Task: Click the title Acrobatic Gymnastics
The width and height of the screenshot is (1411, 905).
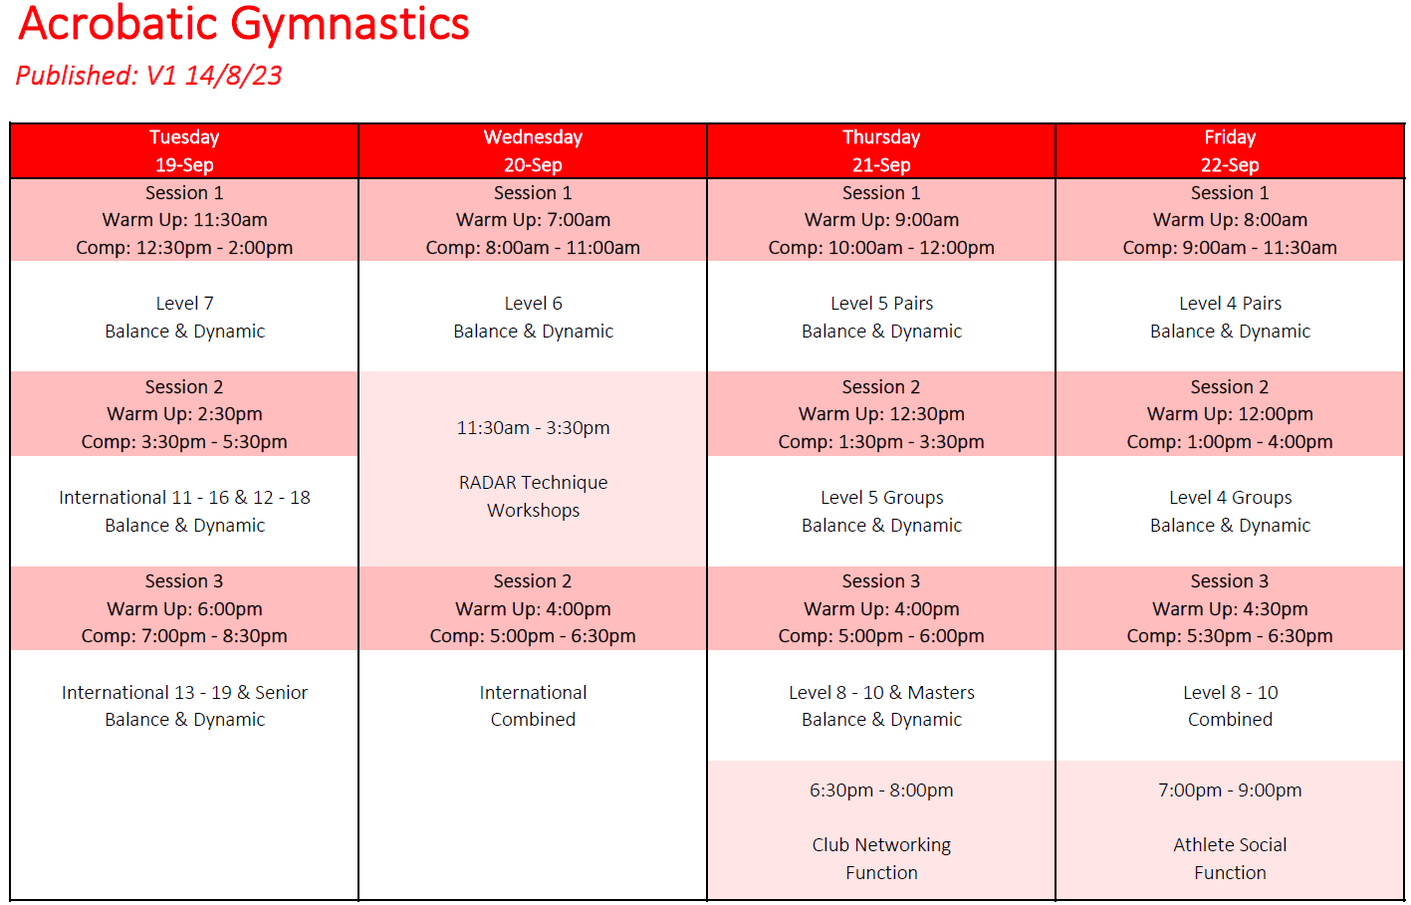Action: click(x=243, y=24)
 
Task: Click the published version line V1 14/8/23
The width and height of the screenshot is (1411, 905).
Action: click(x=148, y=76)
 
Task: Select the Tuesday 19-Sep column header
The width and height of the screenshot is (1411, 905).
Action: click(x=184, y=151)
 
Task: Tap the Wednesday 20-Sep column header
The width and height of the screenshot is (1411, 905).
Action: click(x=533, y=151)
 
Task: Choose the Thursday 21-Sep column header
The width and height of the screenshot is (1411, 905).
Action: click(x=881, y=151)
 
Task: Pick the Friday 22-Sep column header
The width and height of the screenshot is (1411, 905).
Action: click(x=1230, y=151)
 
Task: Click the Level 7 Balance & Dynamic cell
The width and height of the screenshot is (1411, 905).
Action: click(x=184, y=318)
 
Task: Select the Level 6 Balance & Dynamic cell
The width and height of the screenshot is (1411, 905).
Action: click(x=533, y=318)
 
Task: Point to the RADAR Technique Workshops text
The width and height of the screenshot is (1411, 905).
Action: click(x=533, y=496)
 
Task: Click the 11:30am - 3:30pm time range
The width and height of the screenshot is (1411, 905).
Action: click(x=533, y=428)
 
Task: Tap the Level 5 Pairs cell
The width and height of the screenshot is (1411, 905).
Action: click(x=881, y=318)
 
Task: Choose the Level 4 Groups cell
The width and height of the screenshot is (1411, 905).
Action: click(x=1230, y=512)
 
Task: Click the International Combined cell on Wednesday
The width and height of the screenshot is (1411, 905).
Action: click(x=533, y=706)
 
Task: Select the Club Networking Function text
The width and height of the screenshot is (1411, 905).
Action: click(x=881, y=858)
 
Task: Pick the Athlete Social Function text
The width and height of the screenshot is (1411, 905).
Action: click(x=1230, y=858)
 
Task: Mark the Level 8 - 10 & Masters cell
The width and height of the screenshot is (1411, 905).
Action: click(x=881, y=706)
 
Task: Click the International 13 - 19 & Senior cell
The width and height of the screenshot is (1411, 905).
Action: click(x=184, y=706)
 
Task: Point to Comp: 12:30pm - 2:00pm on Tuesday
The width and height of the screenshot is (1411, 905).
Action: click(x=184, y=248)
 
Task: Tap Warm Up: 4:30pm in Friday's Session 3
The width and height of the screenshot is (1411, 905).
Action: click(x=1230, y=609)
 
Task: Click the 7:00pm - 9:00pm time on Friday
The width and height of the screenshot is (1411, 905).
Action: click(x=1230, y=791)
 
